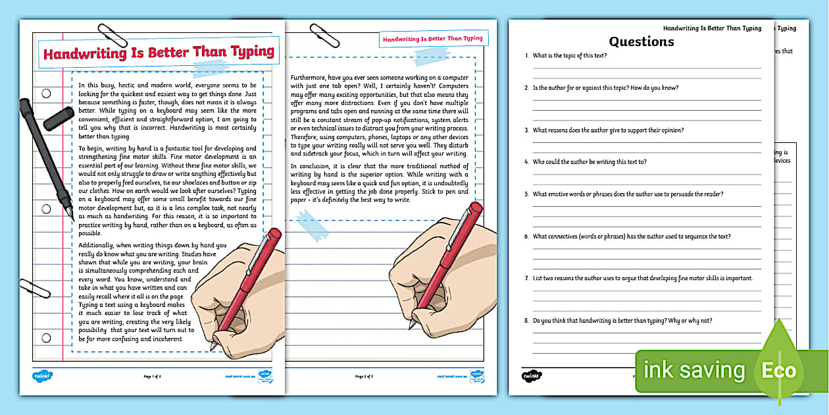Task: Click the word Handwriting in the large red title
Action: tap(81, 54)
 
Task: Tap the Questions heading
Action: tap(641, 41)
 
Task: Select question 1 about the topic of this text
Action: tap(570, 55)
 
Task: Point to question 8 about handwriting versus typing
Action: tap(622, 321)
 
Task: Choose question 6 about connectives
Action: tap(632, 236)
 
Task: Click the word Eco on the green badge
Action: tap(780, 371)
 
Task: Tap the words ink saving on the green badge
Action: tap(694, 371)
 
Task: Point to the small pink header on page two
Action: tap(432, 39)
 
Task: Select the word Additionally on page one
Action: tap(100, 245)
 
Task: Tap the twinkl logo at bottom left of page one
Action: tap(42, 376)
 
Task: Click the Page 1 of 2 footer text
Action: tap(153, 377)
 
